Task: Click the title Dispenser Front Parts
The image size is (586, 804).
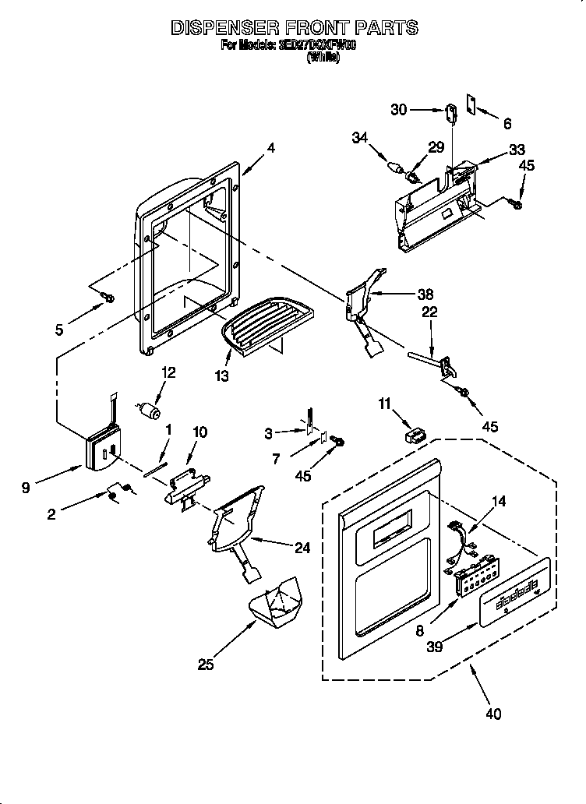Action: pyautogui.click(x=294, y=27)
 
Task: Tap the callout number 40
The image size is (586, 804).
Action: pyautogui.click(x=492, y=712)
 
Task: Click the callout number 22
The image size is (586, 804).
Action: pyautogui.click(x=429, y=312)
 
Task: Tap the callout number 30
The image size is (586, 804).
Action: pyautogui.click(x=399, y=110)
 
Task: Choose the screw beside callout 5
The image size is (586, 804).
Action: pyautogui.click(x=109, y=298)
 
